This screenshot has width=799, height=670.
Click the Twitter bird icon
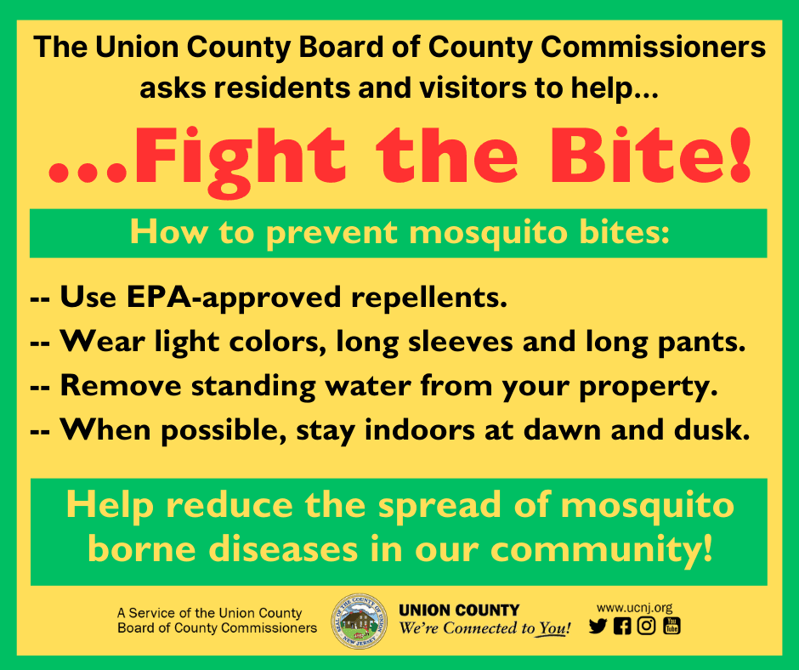[x=598, y=627]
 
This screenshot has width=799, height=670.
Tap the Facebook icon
[x=622, y=627]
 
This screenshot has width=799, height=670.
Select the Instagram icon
[x=647, y=627]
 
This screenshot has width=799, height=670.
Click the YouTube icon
[x=671, y=627]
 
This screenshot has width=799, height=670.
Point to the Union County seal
[x=358, y=622]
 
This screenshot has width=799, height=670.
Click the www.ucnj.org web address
[x=634, y=607]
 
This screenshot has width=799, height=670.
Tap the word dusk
[x=715, y=431]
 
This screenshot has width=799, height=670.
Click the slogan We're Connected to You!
[x=484, y=629]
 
